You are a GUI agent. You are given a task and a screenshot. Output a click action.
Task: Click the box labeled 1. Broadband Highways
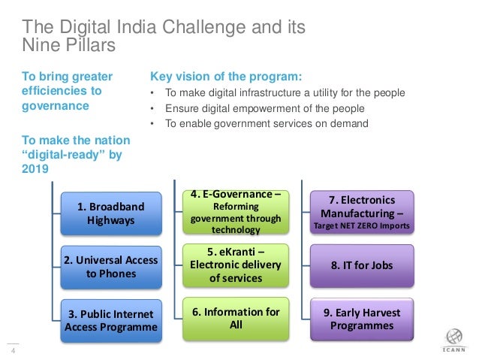(111, 213)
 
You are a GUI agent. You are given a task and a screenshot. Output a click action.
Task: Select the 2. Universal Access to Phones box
(111, 267)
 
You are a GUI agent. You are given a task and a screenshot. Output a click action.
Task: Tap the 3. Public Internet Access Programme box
(111, 320)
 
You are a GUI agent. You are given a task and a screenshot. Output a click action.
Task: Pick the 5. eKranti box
(235, 264)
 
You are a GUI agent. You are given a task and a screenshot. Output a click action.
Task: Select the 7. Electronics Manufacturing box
(362, 212)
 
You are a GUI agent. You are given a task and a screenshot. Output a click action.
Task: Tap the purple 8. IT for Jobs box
(362, 265)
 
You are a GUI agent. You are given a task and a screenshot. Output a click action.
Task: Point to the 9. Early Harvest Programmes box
(362, 319)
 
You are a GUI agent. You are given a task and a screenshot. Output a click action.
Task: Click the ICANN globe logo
(453, 337)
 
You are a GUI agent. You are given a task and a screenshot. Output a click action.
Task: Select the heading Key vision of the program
(226, 77)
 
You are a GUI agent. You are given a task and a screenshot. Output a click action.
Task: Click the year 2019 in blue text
(35, 168)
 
